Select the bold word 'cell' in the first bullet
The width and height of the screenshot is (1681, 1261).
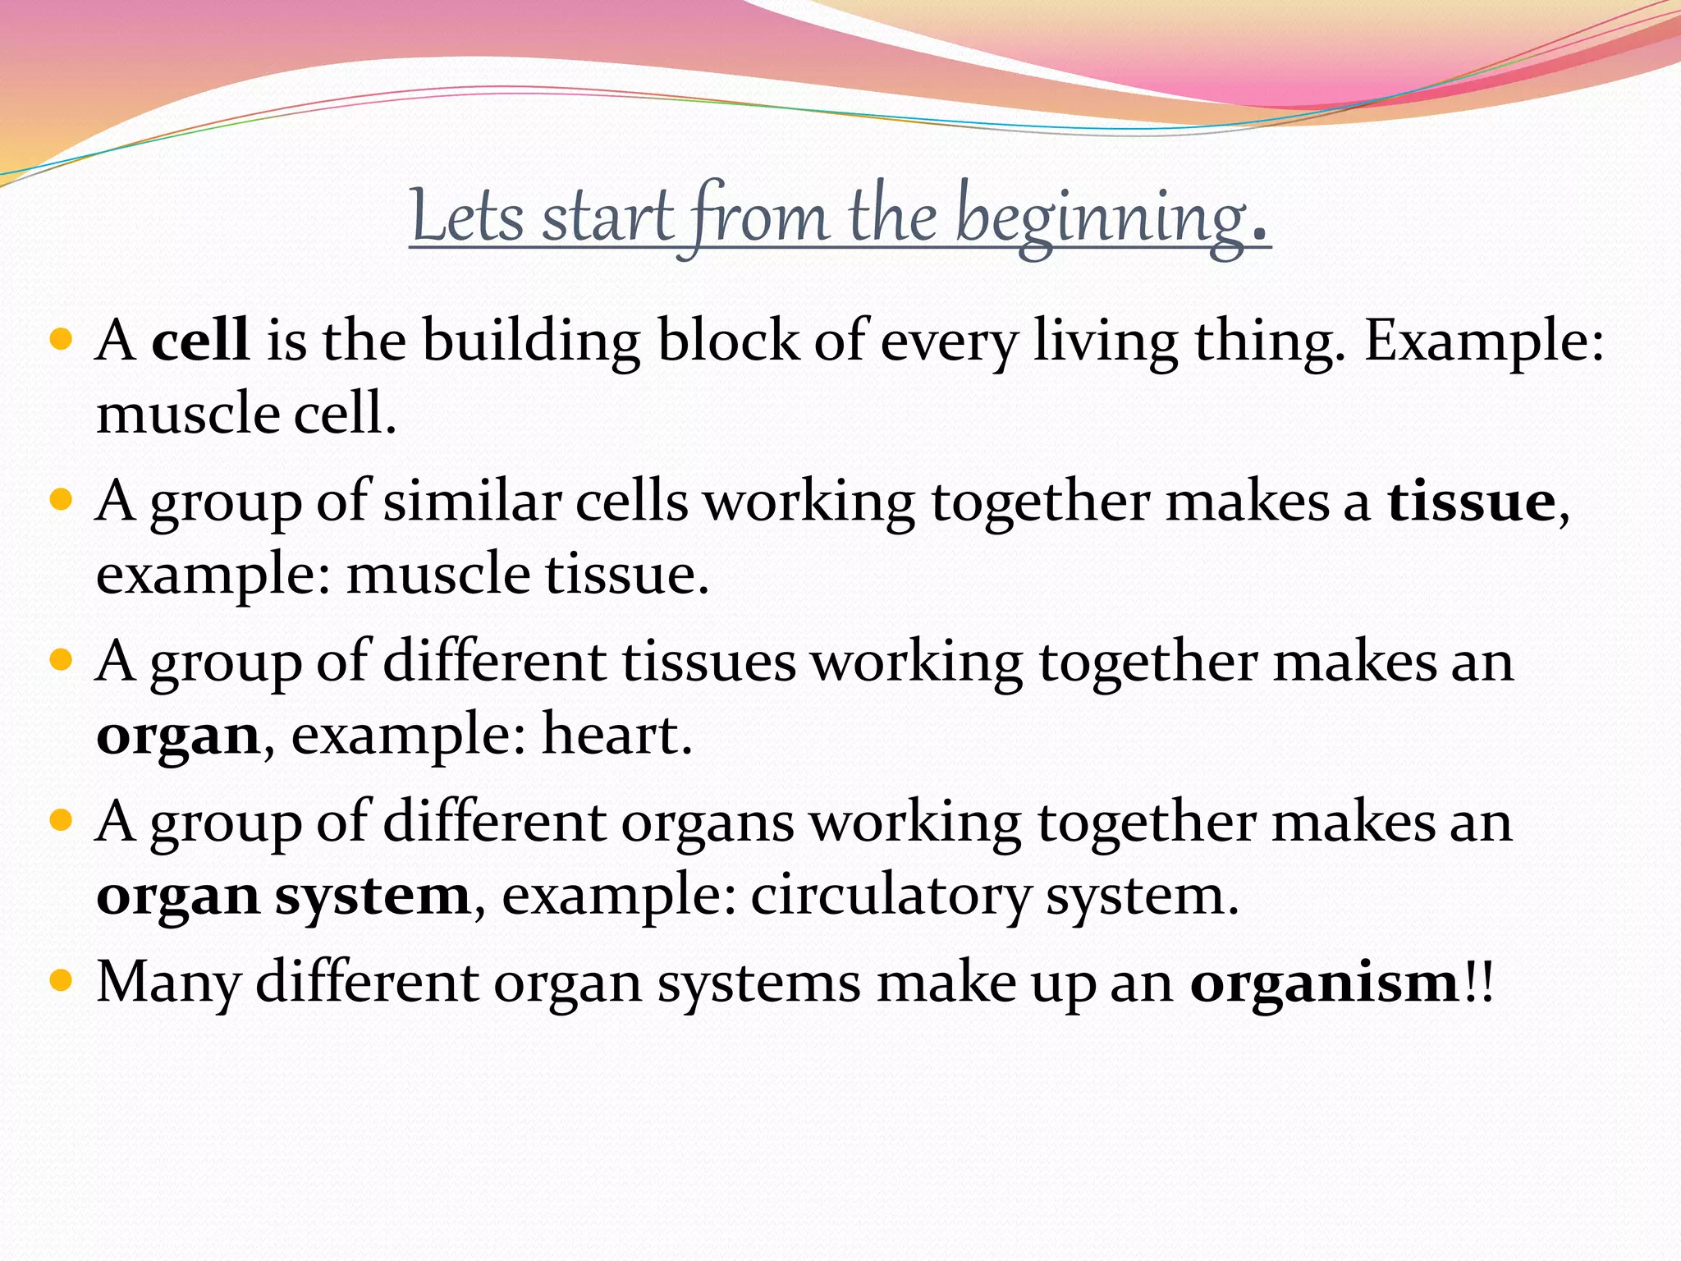click(200, 340)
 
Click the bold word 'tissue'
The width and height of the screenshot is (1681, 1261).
click(1471, 501)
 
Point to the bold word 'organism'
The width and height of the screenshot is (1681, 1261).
click(1324, 982)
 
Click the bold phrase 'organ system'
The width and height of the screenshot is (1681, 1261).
click(283, 895)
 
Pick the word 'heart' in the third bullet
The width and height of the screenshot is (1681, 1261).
click(611, 734)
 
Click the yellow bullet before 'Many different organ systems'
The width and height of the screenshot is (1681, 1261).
click(62, 980)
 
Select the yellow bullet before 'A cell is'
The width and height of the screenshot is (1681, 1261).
click(62, 338)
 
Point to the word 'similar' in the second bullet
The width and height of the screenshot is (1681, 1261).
click(471, 501)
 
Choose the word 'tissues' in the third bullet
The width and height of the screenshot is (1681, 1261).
click(708, 662)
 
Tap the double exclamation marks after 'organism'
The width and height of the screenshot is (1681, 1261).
click(1478, 982)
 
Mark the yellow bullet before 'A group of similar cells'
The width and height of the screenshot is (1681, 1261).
click(62, 499)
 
